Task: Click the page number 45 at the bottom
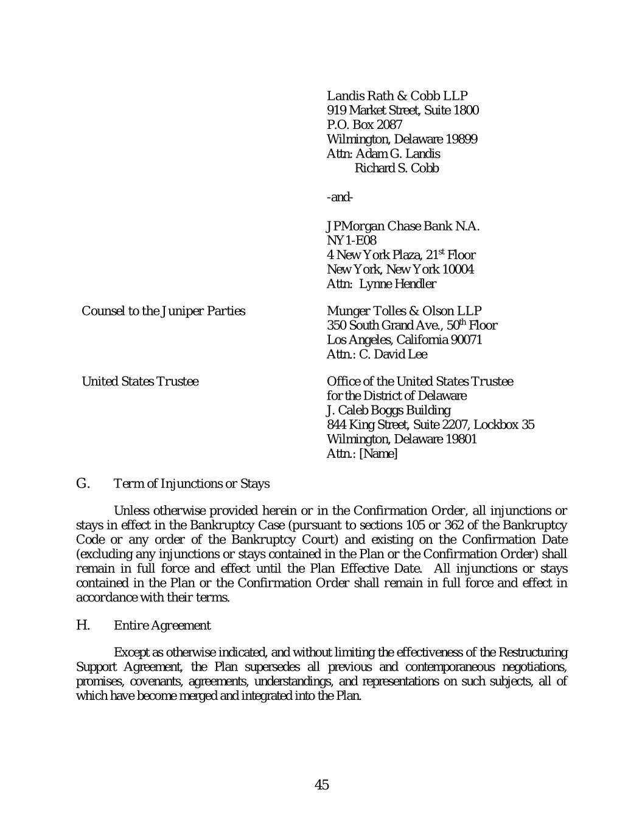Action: [x=321, y=785]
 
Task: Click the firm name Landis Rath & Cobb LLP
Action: [x=397, y=95]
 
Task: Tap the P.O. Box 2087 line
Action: [x=364, y=125]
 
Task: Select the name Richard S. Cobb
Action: [x=396, y=168]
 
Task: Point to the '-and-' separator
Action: [x=340, y=197]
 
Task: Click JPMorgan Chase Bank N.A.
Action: [x=403, y=226]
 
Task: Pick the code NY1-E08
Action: [x=351, y=241]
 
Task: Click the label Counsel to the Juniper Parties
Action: [x=163, y=311]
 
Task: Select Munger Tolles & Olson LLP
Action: [x=404, y=311]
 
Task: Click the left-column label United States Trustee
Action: [x=139, y=382]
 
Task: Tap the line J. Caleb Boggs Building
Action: [x=388, y=410]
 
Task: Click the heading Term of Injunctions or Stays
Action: [x=192, y=484]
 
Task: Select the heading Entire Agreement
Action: [x=162, y=626]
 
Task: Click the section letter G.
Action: [x=83, y=483]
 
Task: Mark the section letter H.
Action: [x=83, y=625]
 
